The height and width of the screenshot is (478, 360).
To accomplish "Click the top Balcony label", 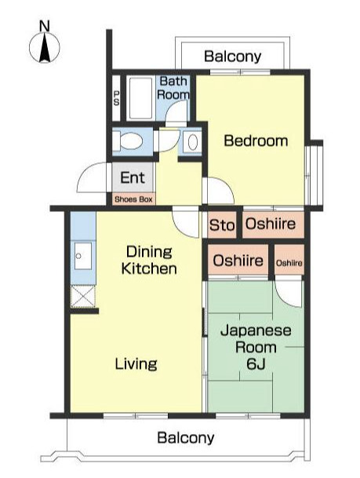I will [232, 57].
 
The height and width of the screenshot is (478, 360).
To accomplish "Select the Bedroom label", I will [256, 141].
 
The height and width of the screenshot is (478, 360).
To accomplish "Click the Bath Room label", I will [173, 88].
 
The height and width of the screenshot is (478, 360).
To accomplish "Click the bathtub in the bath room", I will [141, 97].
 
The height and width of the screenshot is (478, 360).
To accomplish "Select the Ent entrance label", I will [132, 177].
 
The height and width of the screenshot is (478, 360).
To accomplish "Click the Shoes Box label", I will [133, 199].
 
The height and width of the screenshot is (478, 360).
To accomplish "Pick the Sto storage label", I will [222, 226].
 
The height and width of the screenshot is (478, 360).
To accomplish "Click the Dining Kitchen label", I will [148, 261].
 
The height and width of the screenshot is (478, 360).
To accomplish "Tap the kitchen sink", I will [82, 256].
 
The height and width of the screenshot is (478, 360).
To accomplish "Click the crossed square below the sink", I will [82, 296].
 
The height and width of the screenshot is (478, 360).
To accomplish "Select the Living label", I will [136, 364].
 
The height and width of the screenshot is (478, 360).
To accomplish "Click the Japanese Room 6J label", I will [256, 348].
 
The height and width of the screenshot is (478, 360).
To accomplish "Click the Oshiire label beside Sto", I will [270, 225].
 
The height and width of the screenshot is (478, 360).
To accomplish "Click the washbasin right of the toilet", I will [192, 143].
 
